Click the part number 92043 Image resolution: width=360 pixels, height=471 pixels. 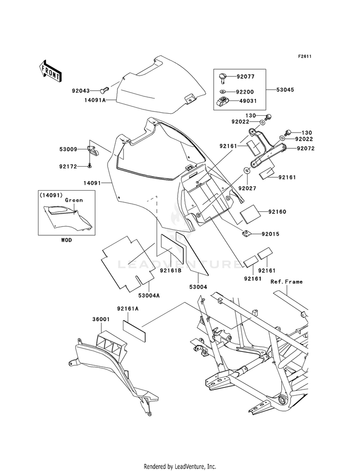(81, 90)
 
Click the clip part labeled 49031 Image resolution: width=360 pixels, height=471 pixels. (223, 101)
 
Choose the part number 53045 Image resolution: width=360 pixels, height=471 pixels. (285, 89)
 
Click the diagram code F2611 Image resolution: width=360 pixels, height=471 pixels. (304, 56)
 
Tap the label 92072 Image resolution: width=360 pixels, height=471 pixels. (306, 148)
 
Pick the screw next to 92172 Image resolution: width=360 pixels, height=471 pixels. (89, 165)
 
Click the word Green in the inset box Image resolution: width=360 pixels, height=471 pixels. (74, 200)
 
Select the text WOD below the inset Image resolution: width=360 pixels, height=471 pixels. (66, 240)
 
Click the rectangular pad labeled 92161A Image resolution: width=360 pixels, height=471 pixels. (134, 331)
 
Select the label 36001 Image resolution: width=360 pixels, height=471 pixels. (101, 320)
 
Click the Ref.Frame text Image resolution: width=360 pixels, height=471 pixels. (287, 281)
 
